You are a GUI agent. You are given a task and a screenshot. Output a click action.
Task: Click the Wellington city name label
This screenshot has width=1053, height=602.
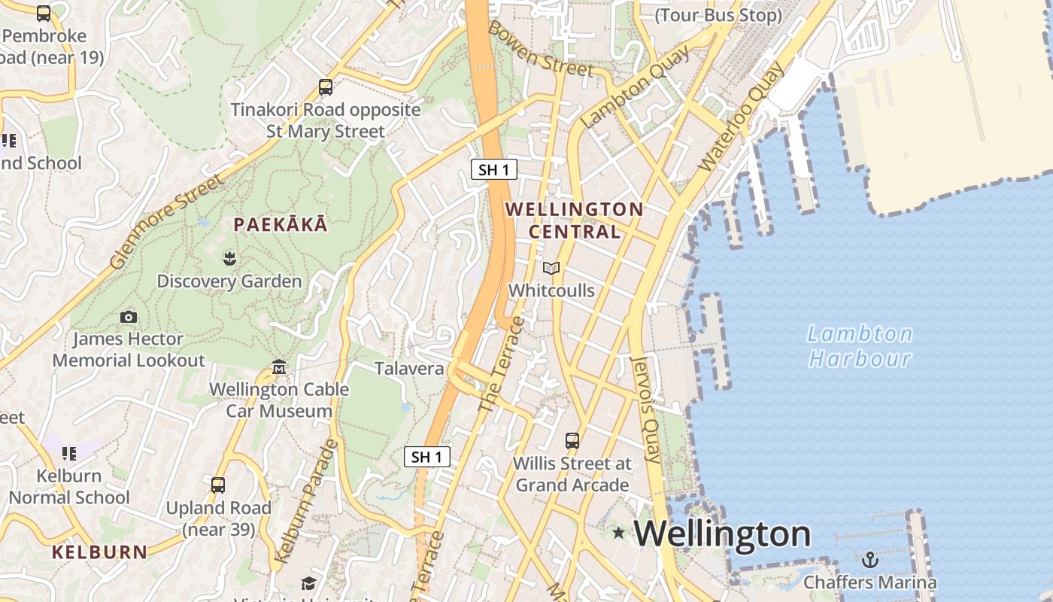click(722, 534)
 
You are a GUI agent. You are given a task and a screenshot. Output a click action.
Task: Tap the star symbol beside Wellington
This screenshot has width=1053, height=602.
click(618, 533)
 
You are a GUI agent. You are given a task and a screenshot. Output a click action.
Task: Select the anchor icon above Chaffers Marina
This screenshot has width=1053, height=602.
click(869, 560)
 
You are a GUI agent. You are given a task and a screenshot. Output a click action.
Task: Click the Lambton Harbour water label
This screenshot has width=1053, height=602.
click(860, 345)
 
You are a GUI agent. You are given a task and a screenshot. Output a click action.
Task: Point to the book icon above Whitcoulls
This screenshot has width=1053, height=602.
click(551, 268)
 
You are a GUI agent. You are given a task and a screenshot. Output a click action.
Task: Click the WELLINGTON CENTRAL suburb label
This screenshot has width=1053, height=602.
click(574, 220)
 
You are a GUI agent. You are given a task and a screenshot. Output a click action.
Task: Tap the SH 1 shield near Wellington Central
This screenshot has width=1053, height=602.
click(494, 169)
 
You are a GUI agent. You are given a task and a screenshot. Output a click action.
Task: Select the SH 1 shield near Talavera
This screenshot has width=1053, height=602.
click(427, 456)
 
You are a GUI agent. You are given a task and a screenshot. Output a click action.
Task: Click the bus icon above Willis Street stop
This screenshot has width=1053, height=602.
click(572, 440)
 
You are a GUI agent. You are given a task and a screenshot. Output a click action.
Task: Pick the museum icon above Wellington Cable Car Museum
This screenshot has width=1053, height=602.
click(279, 367)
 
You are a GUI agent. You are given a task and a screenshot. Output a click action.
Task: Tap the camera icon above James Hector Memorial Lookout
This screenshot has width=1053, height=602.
click(129, 318)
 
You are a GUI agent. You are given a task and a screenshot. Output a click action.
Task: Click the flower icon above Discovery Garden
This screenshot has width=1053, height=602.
click(229, 259)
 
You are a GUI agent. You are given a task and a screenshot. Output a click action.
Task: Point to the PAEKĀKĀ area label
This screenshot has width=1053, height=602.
click(280, 224)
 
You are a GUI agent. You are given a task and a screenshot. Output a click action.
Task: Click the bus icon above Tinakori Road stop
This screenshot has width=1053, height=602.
click(326, 87)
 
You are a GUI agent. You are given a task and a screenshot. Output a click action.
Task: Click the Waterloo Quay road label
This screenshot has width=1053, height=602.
click(741, 118)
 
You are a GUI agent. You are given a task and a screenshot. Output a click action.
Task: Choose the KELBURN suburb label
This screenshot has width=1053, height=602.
click(99, 552)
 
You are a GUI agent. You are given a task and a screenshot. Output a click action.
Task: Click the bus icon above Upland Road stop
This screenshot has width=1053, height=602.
click(218, 485)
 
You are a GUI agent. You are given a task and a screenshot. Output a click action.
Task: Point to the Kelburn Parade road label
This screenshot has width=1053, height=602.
click(306, 501)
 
